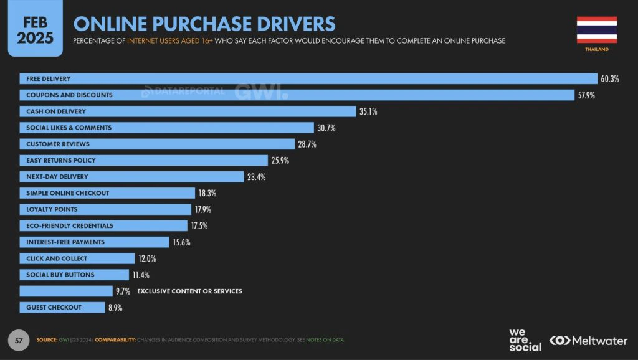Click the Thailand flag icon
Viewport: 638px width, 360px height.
[x=596, y=29]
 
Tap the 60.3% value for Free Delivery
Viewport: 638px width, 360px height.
[x=610, y=79]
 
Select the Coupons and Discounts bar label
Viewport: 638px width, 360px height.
[x=69, y=95]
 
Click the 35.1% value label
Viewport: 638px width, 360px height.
[x=368, y=111]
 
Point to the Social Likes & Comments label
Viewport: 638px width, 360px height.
[x=69, y=128]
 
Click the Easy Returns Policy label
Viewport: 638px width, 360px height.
[x=60, y=161]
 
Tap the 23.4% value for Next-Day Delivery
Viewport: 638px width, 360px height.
[x=256, y=177]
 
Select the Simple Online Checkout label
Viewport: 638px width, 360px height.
[x=67, y=193]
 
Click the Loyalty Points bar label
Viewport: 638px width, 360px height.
[x=52, y=209]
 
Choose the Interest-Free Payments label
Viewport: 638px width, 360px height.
[x=65, y=242]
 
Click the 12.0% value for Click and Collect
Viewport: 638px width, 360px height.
[x=147, y=258]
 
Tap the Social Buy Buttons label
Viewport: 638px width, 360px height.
[x=60, y=275]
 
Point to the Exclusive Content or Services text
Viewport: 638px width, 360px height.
[x=189, y=291]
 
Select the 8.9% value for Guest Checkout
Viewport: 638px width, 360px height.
[x=115, y=308]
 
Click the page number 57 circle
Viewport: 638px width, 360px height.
[x=19, y=340]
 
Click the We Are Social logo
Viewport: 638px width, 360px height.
[x=525, y=340]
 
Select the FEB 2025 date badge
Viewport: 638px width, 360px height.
[x=35, y=30]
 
